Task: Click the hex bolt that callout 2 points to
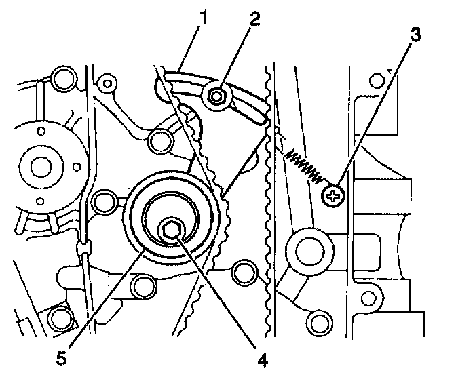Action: pyautogui.click(x=217, y=97)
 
